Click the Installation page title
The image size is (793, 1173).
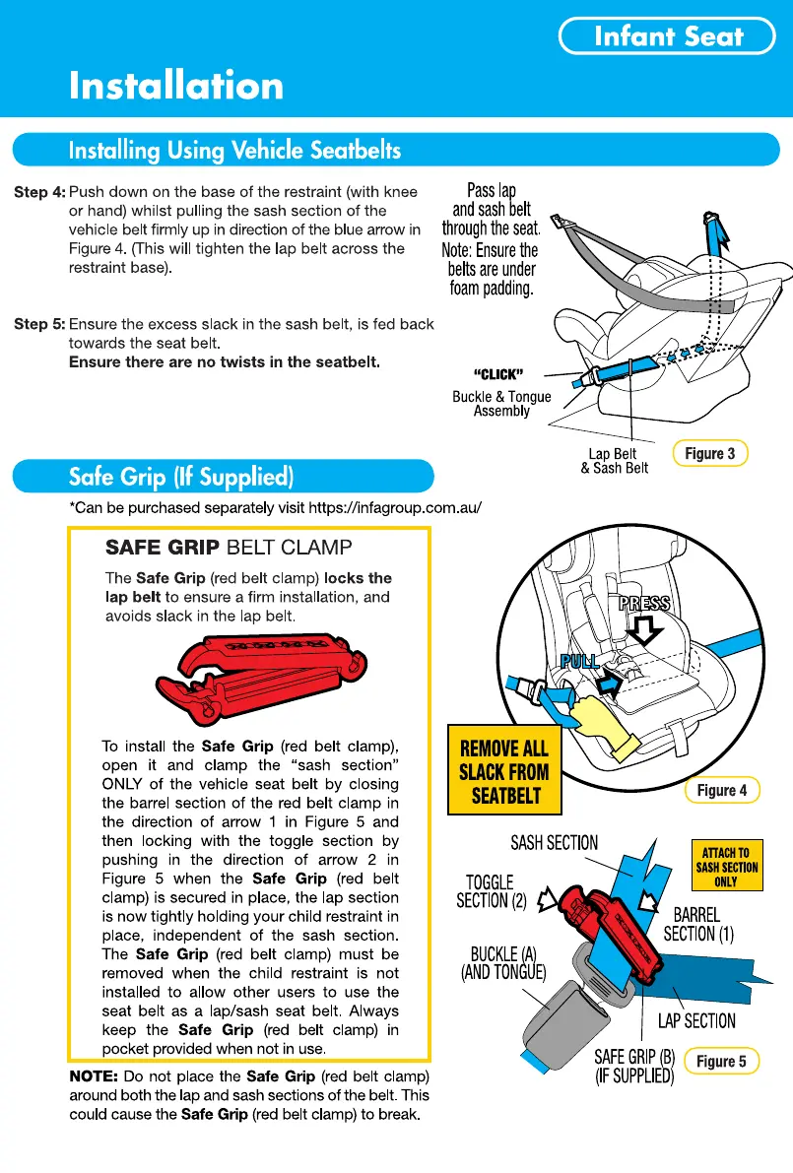[176, 86]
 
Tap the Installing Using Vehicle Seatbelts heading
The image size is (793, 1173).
[234, 151]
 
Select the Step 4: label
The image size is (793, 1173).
[39, 192]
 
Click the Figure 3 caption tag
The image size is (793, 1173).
[709, 453]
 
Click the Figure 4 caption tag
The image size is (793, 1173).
[722, 790]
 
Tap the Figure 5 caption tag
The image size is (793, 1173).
[721, 1061]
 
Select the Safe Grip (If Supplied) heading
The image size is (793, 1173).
[181, 478]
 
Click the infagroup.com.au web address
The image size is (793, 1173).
[395, 508]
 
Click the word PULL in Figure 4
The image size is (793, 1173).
[580, 660]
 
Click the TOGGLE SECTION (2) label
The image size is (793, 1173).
[490, 891]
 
